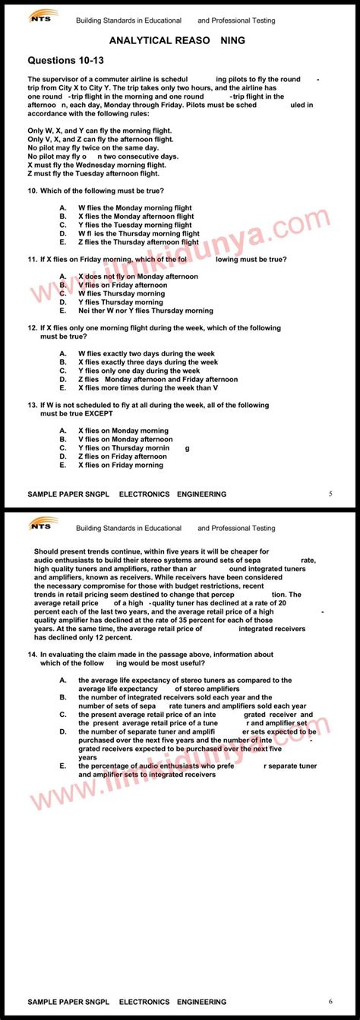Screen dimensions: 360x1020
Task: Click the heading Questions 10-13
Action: click(x=65, y=59)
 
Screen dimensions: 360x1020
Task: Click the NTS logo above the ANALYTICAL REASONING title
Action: click(x=44, y=16)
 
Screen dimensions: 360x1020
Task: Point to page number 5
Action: click(x=330, y=494)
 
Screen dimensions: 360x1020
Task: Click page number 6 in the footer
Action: click(x=330, y=1001)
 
